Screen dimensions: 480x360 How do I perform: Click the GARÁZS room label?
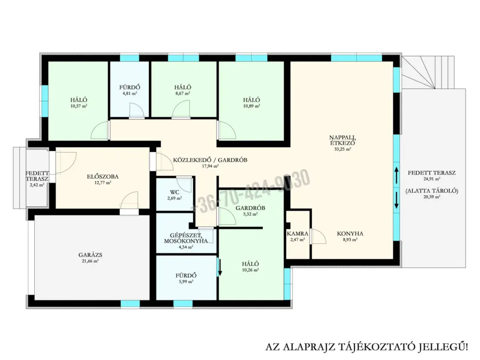[x=90, y=255]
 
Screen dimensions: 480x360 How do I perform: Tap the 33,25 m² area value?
[x=343, y=150]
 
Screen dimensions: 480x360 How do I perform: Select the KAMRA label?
[x=297, y=233]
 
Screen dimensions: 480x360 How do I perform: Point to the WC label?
[x=174, y=192]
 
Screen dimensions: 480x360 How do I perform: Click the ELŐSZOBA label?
[x=103, y=177]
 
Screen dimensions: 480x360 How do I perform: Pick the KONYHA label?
[x=350, y=233]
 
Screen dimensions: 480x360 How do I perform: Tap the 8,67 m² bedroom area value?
[x=183, y=93]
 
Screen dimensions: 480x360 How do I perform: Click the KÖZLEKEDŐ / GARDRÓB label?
[x=210, y=160]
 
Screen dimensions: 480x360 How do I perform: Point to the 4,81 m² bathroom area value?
[x=130, y=93]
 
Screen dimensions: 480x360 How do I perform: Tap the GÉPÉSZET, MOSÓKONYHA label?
[x=186, y=238]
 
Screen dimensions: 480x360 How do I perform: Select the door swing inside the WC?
[x=185, y=185]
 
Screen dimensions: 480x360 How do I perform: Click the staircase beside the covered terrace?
[x=428, y=72]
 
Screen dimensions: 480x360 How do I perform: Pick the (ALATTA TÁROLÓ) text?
[x=432, y=191]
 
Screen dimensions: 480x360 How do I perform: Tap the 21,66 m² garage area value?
[x=90, y=261]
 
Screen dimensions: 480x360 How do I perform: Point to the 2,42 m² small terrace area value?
[x=37, y=185]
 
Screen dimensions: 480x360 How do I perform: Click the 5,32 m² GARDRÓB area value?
[x=250, y=214]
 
